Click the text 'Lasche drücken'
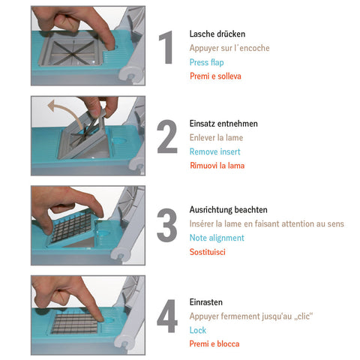click(217, 34)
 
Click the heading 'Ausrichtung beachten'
click(229, 209)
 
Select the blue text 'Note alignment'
click(217, 238)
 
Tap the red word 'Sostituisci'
click(208, 252)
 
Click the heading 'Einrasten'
click(207, 301)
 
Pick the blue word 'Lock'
click(198, 330)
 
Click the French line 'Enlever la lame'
click(217, 137)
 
